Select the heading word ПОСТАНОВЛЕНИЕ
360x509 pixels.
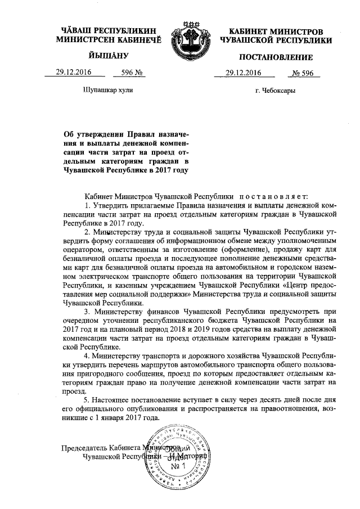point(276,57)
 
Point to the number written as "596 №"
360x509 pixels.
point(125,73)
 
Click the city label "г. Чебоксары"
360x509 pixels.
point(275,90)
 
